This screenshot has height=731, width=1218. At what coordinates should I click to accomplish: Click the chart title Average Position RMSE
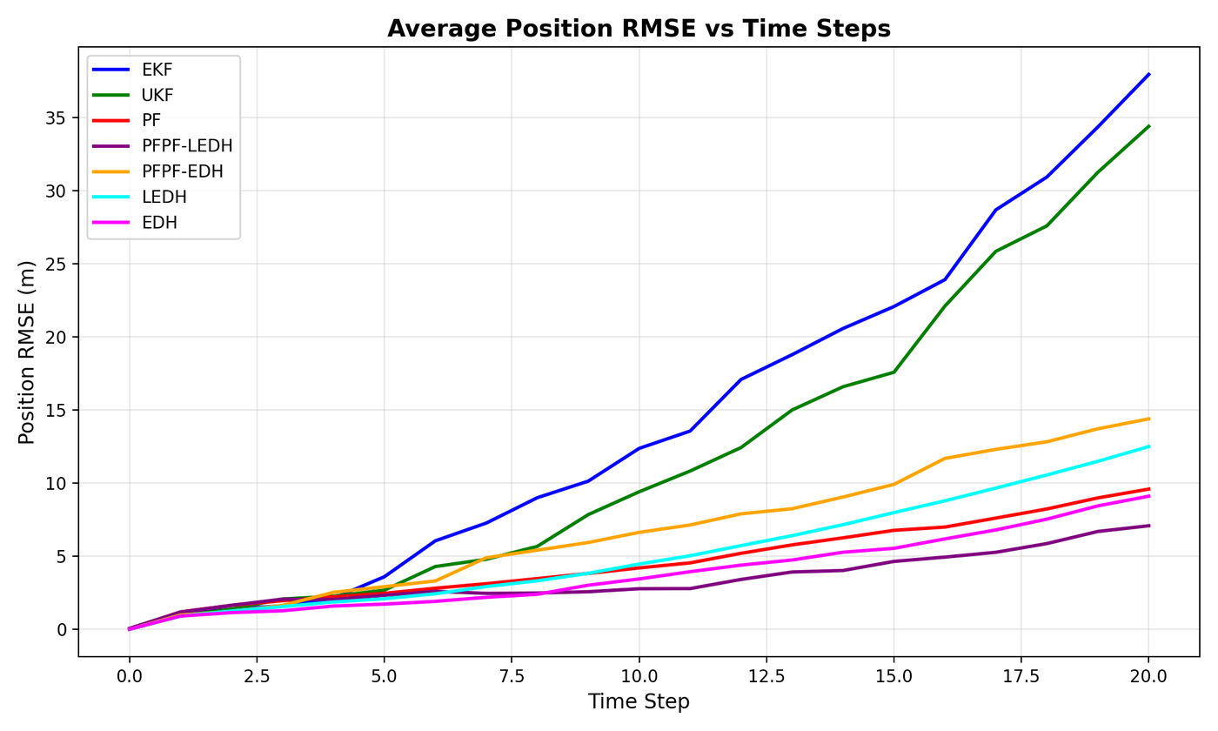(639, 29)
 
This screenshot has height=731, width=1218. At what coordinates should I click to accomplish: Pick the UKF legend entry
(157, 96)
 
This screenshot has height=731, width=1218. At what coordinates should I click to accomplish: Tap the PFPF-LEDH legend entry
(187, 146)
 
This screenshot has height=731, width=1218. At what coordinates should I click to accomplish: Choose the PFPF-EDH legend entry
(182, 171)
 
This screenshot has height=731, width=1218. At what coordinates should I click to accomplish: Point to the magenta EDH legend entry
(159, 222)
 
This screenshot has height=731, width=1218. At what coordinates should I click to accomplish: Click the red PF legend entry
(151, 121)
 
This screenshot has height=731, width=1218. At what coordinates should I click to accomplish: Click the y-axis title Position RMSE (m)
(27, 352)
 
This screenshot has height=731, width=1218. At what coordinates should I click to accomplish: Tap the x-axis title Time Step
(639, 702)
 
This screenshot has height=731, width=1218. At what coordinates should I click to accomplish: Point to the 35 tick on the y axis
(58, 117)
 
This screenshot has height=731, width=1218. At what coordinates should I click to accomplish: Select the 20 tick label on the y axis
(58, 337)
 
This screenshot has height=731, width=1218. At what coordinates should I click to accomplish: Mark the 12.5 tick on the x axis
(766, 675)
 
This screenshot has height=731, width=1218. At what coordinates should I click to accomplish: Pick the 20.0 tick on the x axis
(1148, 675)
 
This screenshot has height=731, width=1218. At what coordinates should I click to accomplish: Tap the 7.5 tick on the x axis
(512, 675)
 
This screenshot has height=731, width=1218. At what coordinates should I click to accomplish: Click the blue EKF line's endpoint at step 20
(1148, 75)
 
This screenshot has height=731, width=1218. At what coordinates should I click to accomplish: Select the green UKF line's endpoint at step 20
(1148, 126)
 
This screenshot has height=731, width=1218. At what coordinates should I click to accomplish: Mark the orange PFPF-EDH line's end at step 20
(1148, 419)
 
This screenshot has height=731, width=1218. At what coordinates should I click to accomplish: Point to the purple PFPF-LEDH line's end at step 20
(1148, 526)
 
